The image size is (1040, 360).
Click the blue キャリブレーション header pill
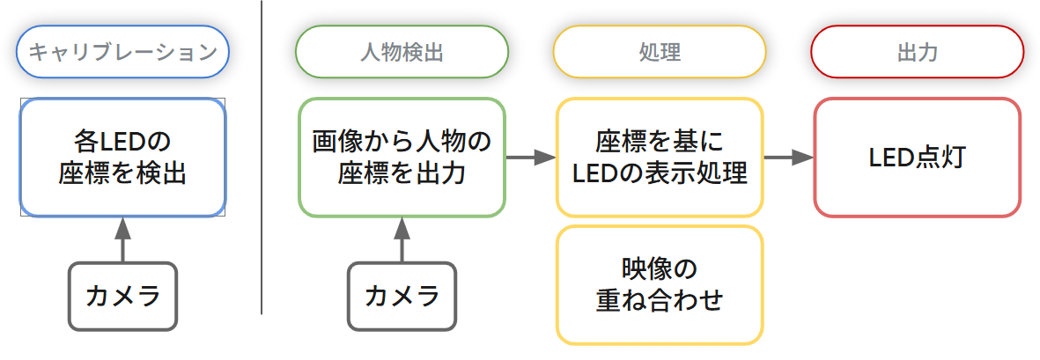(122, 52)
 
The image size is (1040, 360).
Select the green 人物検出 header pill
(402, 52)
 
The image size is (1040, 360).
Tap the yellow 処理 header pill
(659, 52)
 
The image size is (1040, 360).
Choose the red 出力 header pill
(917, 52)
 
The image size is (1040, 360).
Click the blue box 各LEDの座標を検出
(122, 158)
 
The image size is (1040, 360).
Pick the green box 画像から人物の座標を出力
(402, 158)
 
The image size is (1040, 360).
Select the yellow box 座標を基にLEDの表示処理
(659, 158)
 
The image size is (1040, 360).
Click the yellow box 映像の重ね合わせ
(659, 284)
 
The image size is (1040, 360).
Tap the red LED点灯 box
(917, 158)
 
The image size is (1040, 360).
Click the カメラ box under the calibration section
(122, 297)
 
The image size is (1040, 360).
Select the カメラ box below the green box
(402, 297)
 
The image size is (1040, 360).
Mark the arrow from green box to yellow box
(530, 158)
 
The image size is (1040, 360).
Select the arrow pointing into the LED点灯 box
(788, 158)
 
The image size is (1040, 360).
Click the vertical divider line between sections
(262, 158)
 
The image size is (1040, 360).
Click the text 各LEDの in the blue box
(122, 142)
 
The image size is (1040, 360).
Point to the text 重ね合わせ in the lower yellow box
(659, 300)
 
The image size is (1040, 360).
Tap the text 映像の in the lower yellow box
(659, 268)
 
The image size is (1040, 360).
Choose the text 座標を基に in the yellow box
(659, 142)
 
